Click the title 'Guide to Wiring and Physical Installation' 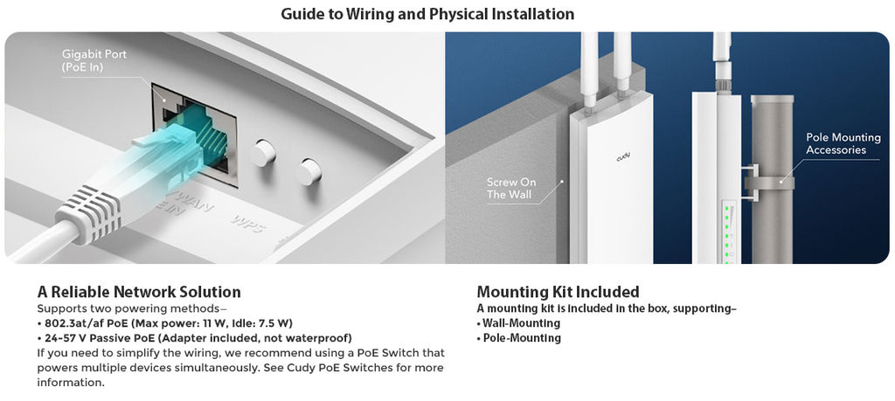[x=427, y=15]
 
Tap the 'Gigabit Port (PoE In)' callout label [x=94, y=60]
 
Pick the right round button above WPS [x=308, y=171]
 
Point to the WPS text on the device [x=247, y=219]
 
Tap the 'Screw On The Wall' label [x=511, y=188]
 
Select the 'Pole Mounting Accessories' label [x=836, y=144]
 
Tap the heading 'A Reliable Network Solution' [x=139, y=292]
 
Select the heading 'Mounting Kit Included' [x=558, y=292]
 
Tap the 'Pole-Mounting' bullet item [x=522, y=338]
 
